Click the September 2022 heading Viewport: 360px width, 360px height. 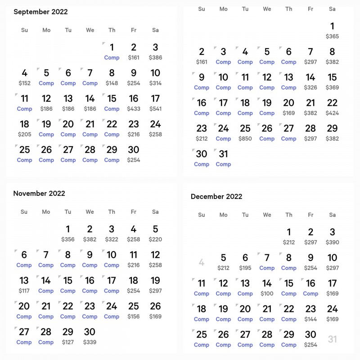[40, 12]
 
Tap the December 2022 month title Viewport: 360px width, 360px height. [216, 196]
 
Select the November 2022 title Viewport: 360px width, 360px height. [39, 193]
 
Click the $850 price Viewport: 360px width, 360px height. [245, 139]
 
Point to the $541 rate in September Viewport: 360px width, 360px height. [155, 108]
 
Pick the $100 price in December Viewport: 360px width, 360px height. [267, 293]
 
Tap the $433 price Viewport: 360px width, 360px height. [134, 108]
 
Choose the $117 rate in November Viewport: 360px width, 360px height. [24, 291]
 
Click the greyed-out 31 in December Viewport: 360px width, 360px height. [332, 339]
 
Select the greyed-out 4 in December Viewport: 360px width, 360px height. [202, 262]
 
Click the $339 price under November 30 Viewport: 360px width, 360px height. [90, 342]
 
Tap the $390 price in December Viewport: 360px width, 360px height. [332, 242]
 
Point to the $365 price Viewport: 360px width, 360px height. [332, 36]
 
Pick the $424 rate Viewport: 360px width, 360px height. [332, 113]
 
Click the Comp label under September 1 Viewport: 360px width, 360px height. [112, 58]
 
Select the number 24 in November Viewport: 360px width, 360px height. [112, 306]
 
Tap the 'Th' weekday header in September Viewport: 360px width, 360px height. [112, 30]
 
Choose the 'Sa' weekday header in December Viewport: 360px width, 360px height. [332, 215]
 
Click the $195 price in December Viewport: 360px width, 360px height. [245, 268]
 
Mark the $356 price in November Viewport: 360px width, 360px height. [68, 239]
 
